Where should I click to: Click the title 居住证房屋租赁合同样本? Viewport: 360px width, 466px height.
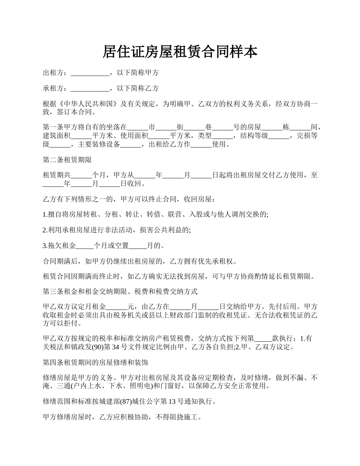(x=180, y=52)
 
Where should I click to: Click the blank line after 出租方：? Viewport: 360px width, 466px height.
(x=90, y=73)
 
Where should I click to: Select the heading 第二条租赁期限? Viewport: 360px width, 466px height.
(x=67, y=160)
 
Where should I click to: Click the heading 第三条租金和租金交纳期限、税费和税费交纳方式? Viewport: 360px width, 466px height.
(x=120, y=292)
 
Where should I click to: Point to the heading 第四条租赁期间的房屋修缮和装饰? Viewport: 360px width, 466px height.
(x=95, y=362)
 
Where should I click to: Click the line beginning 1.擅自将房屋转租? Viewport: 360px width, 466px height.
(x=156, y=214)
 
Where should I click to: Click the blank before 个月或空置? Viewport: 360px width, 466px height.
(x=85, y=246)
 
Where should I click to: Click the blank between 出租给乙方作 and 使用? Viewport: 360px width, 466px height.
(x=201, y=145)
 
